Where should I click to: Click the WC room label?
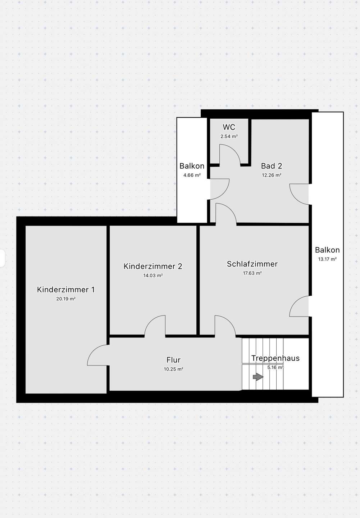229,127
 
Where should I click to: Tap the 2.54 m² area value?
229,136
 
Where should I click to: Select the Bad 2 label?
272,166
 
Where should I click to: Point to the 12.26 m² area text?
272,175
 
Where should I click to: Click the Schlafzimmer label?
252,264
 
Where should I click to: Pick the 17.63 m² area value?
252,273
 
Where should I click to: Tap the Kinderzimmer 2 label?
153,266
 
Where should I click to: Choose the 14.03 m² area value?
153,276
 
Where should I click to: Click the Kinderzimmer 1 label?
66,290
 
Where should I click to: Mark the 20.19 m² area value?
66,299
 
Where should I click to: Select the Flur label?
173,360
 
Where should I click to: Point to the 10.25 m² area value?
173,369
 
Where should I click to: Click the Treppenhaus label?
275,358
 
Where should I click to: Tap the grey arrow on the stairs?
258,377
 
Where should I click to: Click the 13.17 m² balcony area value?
327,259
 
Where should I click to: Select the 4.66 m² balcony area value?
192,175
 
